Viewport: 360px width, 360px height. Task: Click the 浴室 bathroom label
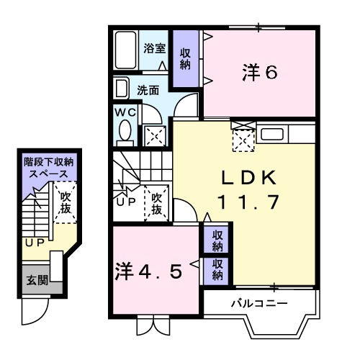tap(153, 49)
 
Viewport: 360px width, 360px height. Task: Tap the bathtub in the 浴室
tap(127, 50)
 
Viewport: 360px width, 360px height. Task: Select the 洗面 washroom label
tap(148, 91)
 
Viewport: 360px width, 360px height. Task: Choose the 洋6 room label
tap(260, 73)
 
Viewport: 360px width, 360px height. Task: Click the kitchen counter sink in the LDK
tap(271, 134)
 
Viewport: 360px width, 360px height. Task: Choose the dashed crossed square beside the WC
tap(153, 134)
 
